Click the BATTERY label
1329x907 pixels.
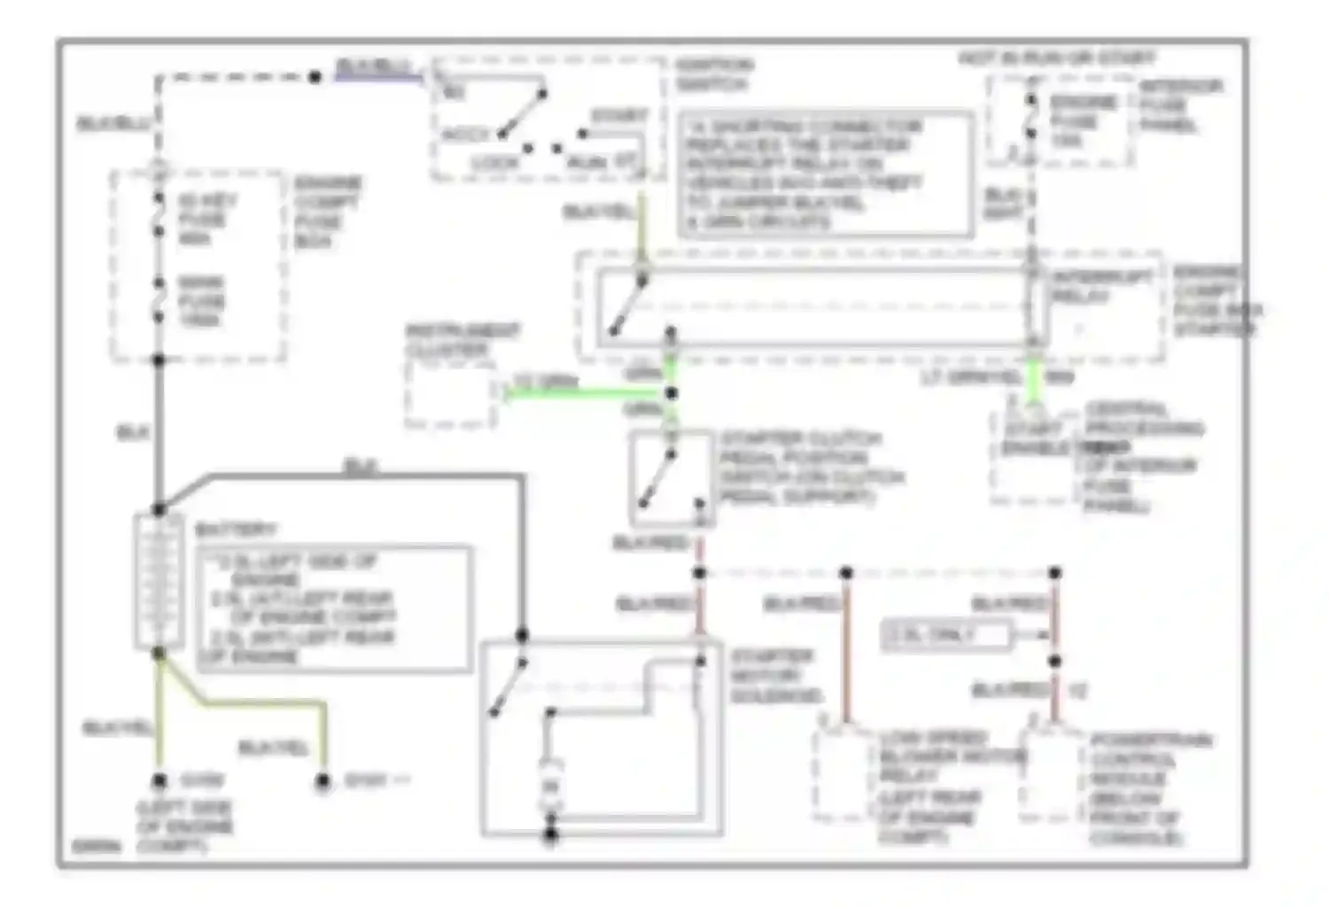coord(235,530)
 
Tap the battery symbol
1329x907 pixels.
coord(158,580)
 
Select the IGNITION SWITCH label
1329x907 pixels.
coord(712,74)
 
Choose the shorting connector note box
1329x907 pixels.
coord(826,174)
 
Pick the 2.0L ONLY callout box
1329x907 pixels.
coord(945,634)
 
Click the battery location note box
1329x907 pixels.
coord(333,609)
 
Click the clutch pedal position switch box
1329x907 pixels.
coord(671,479)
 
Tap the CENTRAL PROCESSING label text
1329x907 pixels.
coord(1144,418)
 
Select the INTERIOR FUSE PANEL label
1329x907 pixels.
coord(1178,105)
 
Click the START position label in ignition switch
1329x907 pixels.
coord(619,116)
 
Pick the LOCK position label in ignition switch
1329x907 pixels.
coord(494,163)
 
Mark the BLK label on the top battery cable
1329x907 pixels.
coord(358,466)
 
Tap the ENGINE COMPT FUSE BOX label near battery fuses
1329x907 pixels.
coord(327,212)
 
